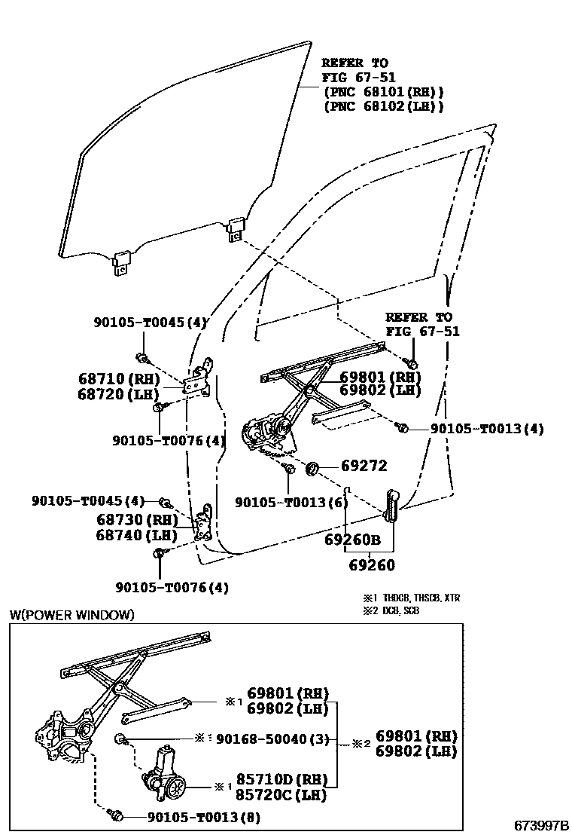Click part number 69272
coord(364,466)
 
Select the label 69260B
coord(352,540)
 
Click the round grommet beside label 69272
coord(312,471)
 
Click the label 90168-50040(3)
coord(272,739)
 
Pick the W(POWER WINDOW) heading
coord(71,615)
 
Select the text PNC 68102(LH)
coord(384,106)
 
